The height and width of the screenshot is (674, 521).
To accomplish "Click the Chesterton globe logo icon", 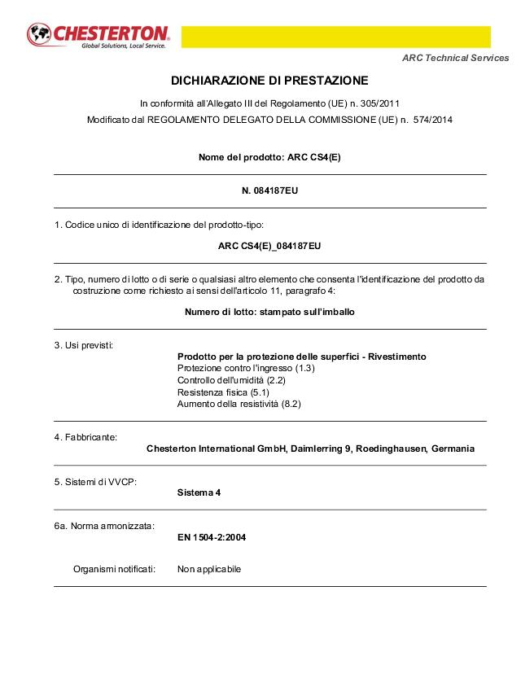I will click(x=39, y=35).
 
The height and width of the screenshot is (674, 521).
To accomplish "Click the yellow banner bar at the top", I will click(x=335, y=37).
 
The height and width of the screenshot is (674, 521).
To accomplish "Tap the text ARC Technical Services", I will click(x=456, y=58).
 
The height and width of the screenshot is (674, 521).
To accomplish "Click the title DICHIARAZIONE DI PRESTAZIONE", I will click(x=269, y=81).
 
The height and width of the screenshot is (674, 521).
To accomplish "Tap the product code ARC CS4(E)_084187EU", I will click(x=269, y=245).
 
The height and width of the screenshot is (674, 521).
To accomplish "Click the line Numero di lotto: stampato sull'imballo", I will click(x=269, y=312).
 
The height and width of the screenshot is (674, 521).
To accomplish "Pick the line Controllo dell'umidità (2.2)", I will click(x=231, y=380).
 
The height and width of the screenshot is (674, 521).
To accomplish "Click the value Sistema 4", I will click(x=199, y=492).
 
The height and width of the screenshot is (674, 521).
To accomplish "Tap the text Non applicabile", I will click(x=209, y=569).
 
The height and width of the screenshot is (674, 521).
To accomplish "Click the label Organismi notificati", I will click(x=114, y=569).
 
